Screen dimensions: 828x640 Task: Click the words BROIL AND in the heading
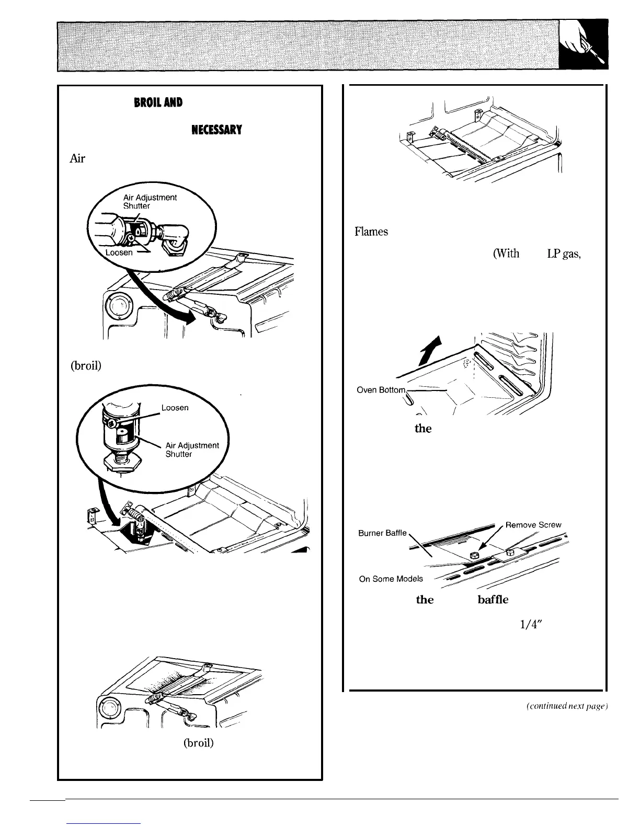coord(158,102)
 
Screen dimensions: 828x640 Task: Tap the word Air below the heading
coord(77,159)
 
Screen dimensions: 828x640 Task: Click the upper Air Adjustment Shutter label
coord(150,201)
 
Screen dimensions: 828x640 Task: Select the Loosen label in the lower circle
coord(174,407)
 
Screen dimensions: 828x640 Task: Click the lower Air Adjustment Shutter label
coord(192,450)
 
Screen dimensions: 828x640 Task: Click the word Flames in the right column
coord(372,231)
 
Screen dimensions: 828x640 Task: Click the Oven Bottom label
coord(381,390)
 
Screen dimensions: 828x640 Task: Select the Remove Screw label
coord(533,525)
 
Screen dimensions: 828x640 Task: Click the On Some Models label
coord(391,579)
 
